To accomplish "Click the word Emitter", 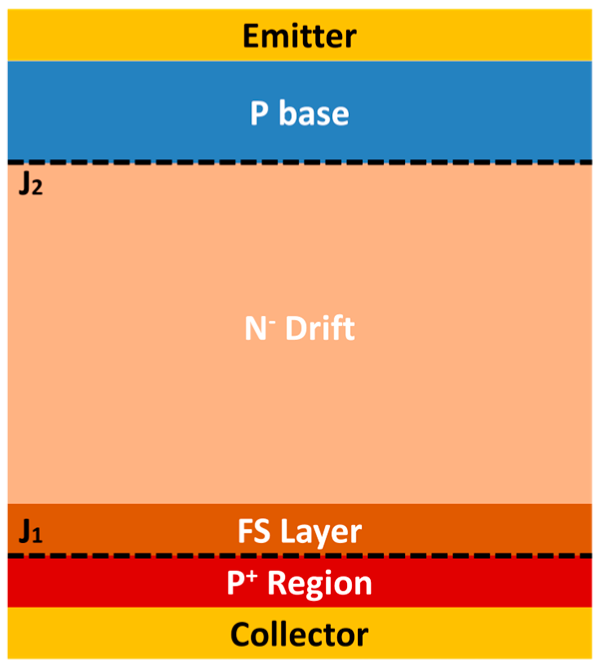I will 299,36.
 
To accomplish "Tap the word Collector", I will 299,635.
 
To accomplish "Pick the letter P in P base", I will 259,114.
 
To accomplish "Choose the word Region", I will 320,583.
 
